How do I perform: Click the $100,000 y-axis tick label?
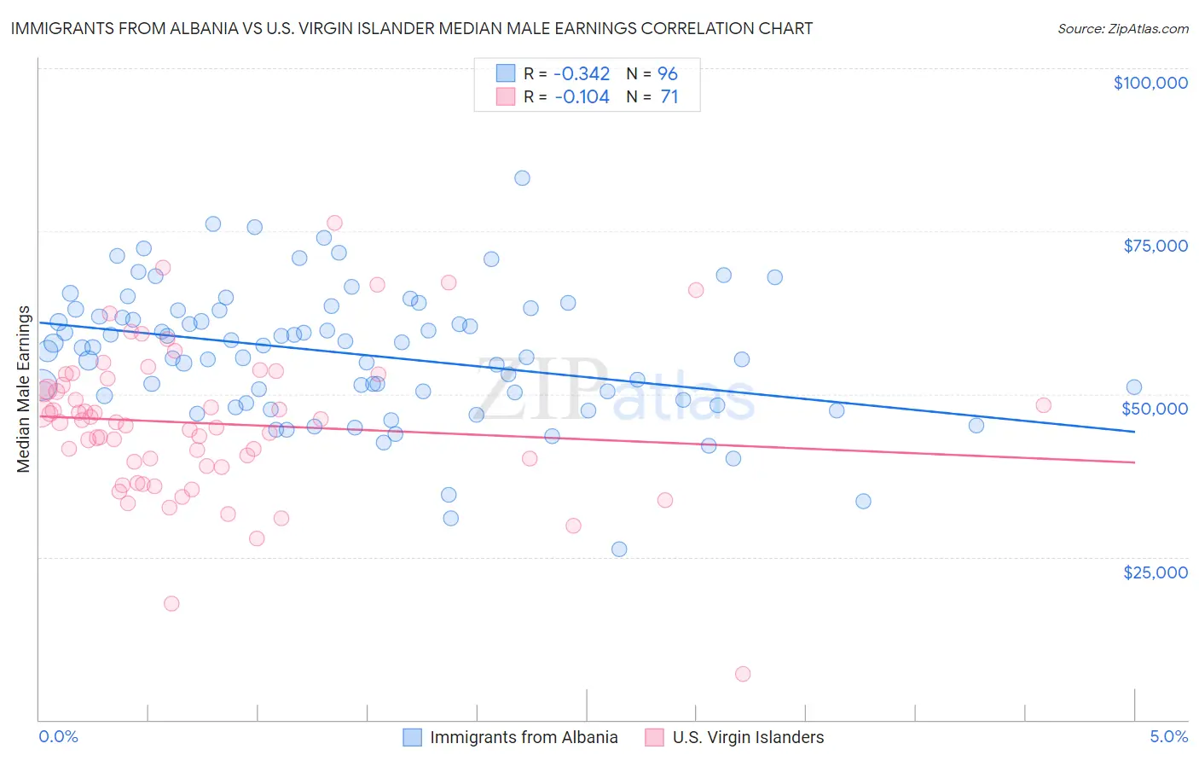click(1150, 83)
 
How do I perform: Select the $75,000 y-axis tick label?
click(1156, 246)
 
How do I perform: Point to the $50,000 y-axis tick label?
click(1155, 409)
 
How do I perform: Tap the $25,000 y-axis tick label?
click(1156, 572)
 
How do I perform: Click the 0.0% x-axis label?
click(58, 736)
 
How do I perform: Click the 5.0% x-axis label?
click(1168, 736)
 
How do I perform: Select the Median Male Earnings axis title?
click(23, 389)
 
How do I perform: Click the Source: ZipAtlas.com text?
click(1122, 28)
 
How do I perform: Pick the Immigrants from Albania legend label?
click(524, 737)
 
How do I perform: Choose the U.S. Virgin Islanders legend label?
click(748, 737)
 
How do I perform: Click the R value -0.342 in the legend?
click(582, 73)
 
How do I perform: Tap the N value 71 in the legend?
click(669, 97)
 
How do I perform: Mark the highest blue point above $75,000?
click(522, 178)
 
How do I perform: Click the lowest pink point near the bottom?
click(743, 674)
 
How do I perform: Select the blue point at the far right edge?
click(1133, 387)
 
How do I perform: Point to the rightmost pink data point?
click(1043, 405)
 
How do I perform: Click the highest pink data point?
click(334, 223)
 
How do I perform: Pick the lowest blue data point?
click(619, 549)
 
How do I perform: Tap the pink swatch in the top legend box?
click(506, 96)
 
